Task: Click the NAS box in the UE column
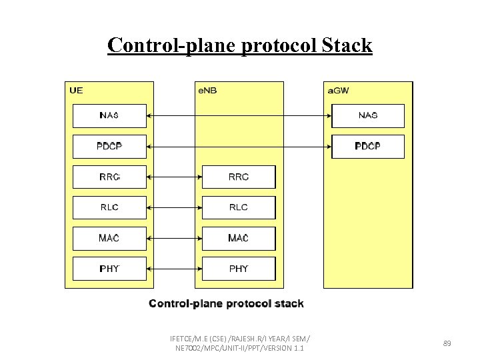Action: [109, 115]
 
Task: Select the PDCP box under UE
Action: [109, 146]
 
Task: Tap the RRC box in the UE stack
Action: [109, 177]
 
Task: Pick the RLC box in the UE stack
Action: [109, 207]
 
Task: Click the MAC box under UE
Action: [109, 238]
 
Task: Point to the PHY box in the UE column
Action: [109, 269]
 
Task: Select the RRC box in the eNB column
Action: [239, 177]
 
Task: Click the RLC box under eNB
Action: [239, 207]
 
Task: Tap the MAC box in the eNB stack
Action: [239, 238]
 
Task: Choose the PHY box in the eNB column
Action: [239, 269]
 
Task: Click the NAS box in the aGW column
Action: [368, 115]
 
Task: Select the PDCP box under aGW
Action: [368, 146]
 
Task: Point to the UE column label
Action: [76, 91]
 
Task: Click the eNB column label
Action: [207, 91]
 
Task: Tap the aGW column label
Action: [337, 91]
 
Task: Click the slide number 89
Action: [447, 343]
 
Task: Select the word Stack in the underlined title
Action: [347, 45]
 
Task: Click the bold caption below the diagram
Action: [226, 304]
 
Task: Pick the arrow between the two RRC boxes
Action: [174, 177]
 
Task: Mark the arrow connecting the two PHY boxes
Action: [174, 269]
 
